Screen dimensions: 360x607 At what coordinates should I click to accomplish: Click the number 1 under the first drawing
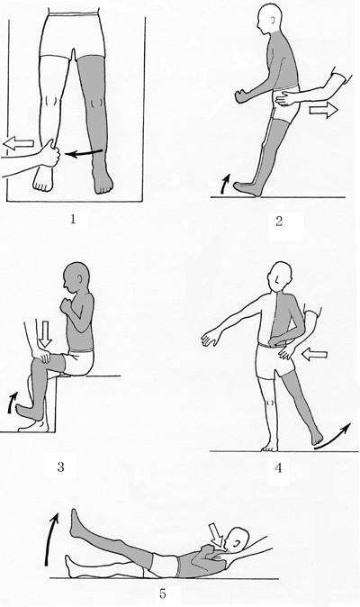pos(73,220)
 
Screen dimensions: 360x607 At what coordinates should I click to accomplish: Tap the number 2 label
pos(279,222)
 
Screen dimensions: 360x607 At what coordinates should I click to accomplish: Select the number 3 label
pos(60,467)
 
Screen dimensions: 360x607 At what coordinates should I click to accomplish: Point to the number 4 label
pos(278,468)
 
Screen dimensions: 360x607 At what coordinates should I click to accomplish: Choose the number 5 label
pos(163,593)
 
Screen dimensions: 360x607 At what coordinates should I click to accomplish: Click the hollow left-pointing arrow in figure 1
pos(18,144)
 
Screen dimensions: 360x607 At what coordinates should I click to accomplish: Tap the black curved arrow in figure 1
pos(84,153)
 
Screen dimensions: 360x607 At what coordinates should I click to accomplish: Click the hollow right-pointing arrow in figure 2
pos(324,111)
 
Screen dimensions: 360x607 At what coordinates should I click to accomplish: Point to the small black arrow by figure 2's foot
pos(225,183)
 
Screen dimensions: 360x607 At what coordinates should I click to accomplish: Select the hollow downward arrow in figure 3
pos(46,333)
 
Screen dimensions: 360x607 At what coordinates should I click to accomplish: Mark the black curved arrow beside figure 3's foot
pos(12,402)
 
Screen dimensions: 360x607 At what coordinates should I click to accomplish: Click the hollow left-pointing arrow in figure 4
pos(314,354)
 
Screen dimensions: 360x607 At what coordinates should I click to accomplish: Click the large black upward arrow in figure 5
pos(51,539)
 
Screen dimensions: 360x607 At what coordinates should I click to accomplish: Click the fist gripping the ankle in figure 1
pos(50,154)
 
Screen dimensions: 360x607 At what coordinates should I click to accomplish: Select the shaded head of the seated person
pos(76,277)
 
